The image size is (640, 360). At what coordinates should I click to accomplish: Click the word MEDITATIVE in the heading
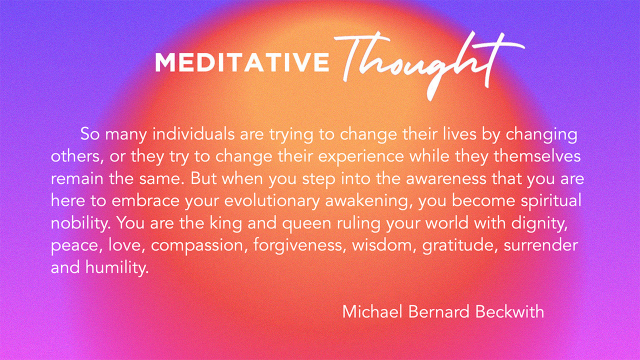point(242,62)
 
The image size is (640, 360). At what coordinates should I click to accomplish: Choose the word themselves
point(537,156)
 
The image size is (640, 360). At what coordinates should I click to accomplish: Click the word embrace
point(145,201)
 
